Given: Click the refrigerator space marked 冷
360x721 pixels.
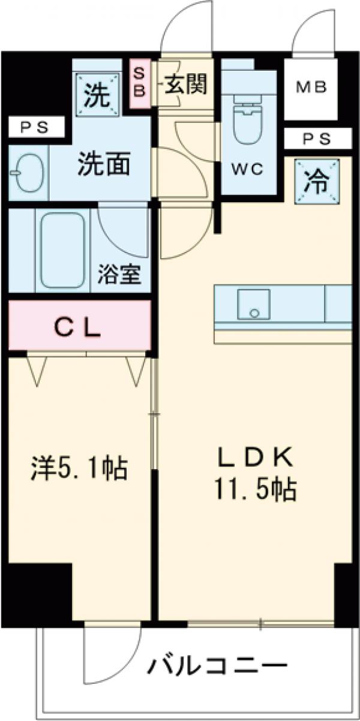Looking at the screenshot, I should (317, 181).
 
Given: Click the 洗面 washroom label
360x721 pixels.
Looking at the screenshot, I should (104, 165).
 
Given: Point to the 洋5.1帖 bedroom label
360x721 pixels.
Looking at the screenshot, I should (79, 468).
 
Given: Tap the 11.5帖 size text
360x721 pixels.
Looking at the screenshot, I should (254, 490).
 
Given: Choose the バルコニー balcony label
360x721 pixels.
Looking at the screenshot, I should (216, 667).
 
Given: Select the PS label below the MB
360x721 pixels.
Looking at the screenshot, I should (316, 139).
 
